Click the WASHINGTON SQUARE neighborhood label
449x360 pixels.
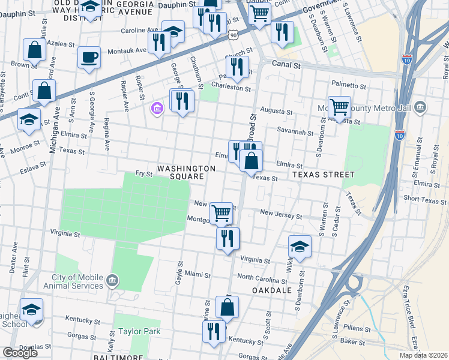185,173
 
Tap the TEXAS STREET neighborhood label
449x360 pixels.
324,174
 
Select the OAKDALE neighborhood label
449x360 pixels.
273,290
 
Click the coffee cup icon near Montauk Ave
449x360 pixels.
89,58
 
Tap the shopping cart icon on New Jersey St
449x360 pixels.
221,212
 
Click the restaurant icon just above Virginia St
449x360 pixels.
228,238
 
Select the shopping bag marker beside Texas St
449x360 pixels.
251,161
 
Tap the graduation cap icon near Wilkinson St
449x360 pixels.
300,246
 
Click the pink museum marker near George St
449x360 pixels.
157,109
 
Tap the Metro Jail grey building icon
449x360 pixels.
420,107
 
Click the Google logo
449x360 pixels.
20,352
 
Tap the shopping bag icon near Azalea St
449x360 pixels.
34,50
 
